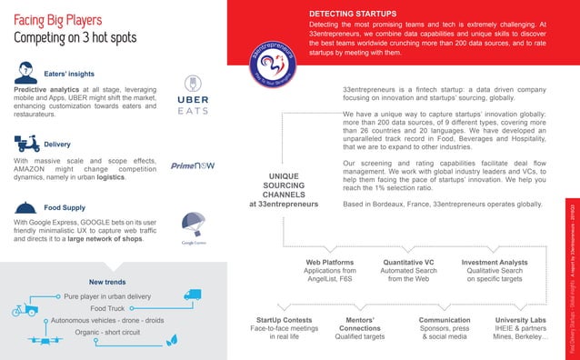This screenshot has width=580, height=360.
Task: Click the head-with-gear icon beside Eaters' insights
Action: [x=26, y=71]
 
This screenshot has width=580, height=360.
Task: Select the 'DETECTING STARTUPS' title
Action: [x=353, y=14]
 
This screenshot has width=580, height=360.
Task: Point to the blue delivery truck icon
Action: [x=192, y=295]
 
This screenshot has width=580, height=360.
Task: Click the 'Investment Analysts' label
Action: [x=495, y=262]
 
